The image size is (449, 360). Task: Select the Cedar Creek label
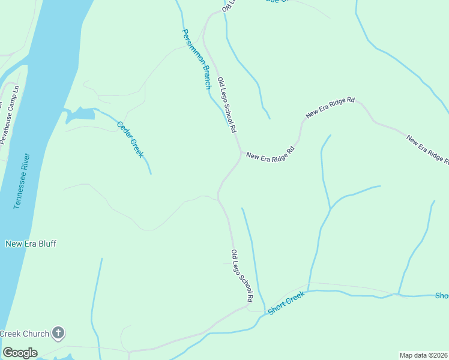point(130,139)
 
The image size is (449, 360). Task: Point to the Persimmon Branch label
point(197,59)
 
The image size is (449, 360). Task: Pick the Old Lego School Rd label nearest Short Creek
point(243,275)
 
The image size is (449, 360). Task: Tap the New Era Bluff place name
point(31,244)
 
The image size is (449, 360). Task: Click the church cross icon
point(58,333)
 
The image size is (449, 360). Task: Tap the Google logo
point(20,353)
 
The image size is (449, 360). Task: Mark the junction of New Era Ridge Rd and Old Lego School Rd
point(241,152)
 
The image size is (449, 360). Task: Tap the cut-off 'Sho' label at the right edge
point(442,296)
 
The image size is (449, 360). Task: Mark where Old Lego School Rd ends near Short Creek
point(249,306)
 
